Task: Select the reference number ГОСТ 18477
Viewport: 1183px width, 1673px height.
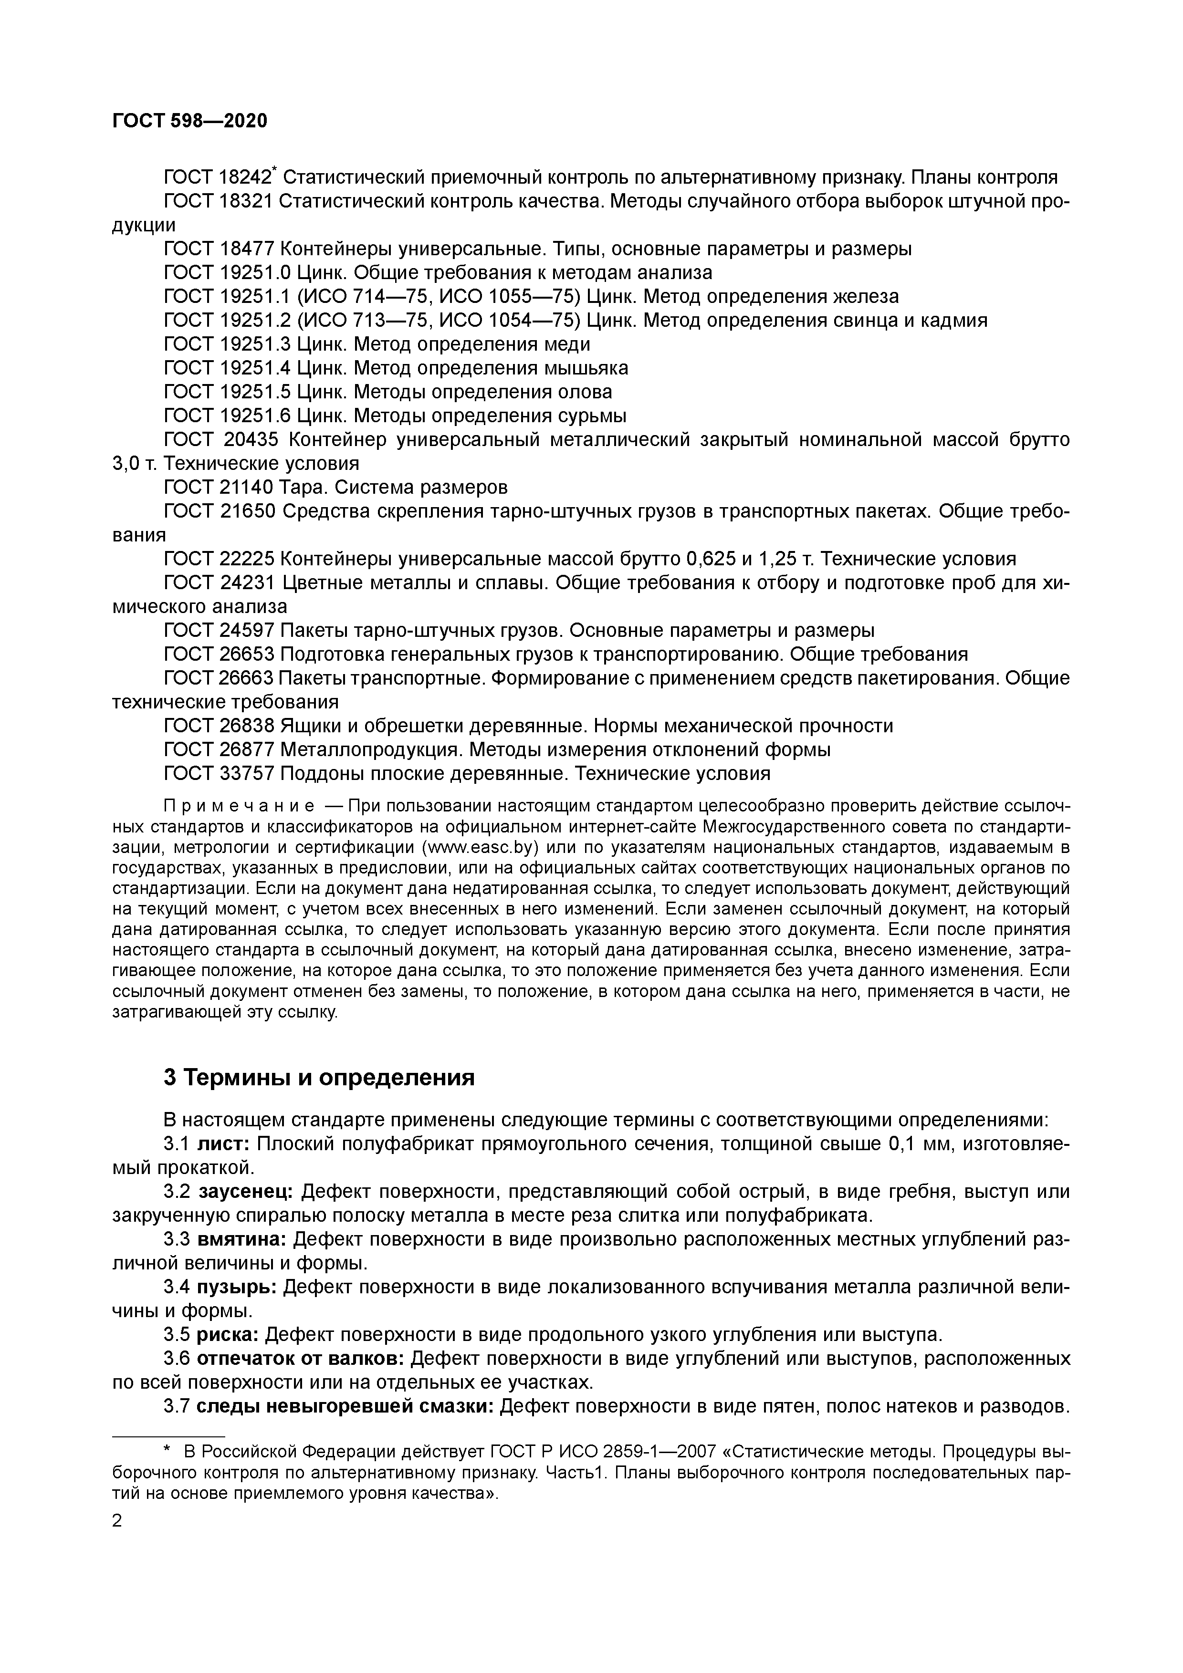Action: [x=219, y=249]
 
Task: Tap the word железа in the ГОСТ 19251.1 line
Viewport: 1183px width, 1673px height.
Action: [x=866, y=297]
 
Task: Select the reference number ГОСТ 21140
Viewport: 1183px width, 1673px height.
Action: [x=219, y=487]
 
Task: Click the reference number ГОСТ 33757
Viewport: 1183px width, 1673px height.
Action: [x=219, y=773]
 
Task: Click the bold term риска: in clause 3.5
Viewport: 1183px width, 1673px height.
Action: [x=227, y=1335]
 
